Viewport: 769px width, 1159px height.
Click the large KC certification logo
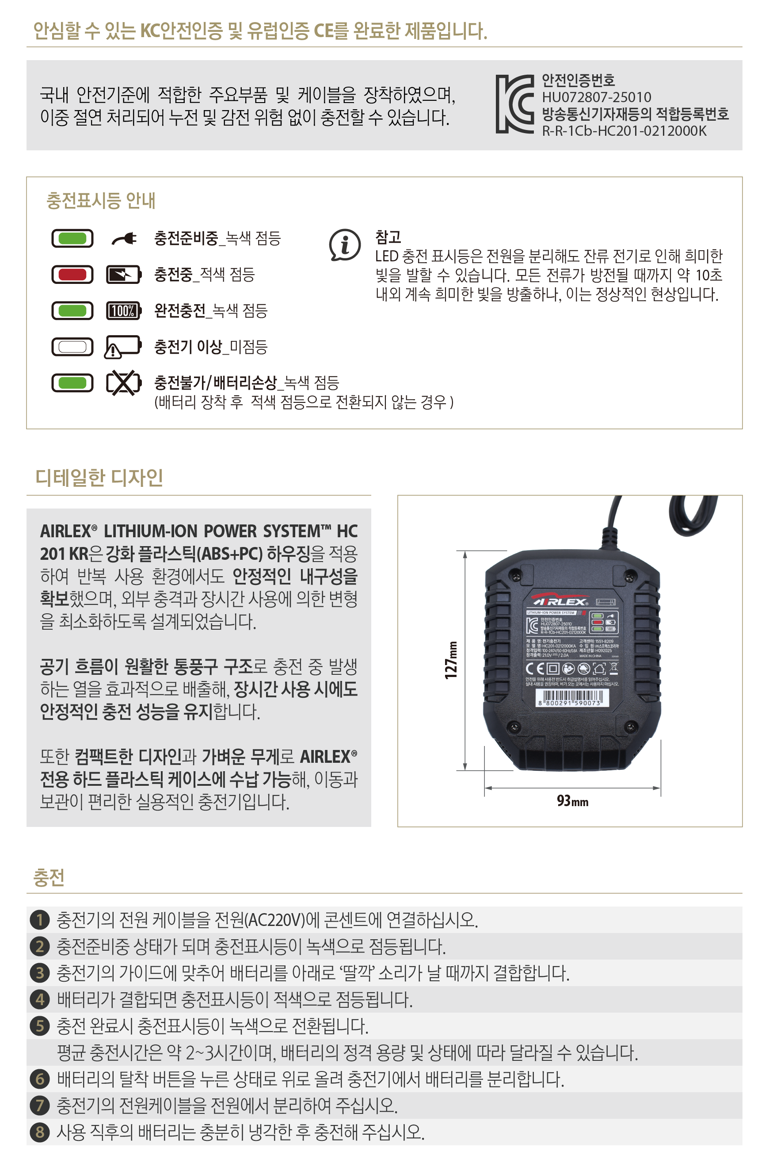514,104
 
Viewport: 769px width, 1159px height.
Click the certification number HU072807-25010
596,97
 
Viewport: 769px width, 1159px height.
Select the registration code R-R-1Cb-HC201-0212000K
624,131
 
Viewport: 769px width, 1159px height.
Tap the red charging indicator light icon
72,274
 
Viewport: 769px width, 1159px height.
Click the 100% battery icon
124,310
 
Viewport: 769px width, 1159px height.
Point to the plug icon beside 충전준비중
124,239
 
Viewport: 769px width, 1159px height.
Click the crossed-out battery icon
124,383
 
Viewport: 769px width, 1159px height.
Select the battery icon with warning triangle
122,347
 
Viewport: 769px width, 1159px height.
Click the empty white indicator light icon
72,347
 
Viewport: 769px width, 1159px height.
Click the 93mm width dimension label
572,801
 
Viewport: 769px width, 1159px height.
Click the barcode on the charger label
572,697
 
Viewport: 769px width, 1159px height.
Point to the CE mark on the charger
535,668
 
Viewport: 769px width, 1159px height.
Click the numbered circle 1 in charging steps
40,919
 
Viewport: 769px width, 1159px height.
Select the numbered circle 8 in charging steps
40,1132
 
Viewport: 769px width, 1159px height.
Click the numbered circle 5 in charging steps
40,1025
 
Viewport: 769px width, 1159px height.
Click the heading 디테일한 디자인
99,478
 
